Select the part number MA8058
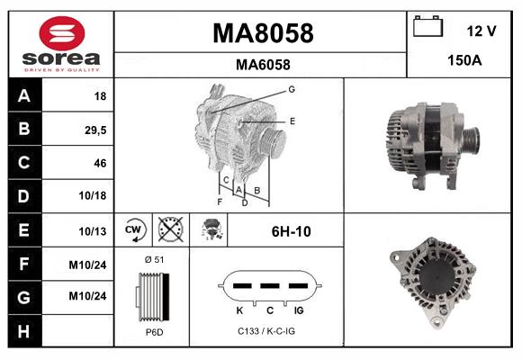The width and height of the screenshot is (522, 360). coord(263,33)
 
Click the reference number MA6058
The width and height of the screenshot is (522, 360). coord(263,64)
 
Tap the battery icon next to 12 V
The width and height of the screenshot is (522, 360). coord(427,28)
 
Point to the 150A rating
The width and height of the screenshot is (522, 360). coord(465,61)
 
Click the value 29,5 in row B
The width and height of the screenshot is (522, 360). coord(94,130)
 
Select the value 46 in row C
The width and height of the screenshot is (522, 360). coord(100,163)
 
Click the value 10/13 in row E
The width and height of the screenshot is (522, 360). coord(94,230)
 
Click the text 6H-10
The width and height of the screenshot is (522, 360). coord(291,231)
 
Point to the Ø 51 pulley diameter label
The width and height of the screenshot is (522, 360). coord(154,259)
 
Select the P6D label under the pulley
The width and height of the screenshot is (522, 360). coord(154,332)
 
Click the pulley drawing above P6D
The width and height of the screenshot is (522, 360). coord(150,296)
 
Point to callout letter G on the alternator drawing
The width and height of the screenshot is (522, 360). coord(292,89)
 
